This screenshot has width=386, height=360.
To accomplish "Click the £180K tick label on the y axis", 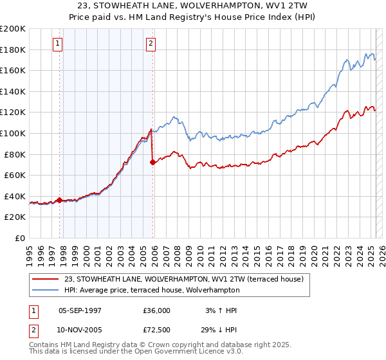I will (x=13, y=50).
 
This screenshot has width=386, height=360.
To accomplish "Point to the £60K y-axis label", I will (x=15, y=175).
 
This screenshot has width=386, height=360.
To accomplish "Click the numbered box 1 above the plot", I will (x=58, y=44).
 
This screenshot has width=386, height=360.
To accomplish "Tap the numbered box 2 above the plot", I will (x=151, y=44).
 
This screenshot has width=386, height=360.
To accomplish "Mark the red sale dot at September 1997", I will (x=60, y=200).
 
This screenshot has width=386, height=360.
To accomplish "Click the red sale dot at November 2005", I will (x=152, y=162).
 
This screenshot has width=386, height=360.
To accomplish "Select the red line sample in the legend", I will (x=46, y=278).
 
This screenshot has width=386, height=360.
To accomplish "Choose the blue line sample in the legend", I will (x=46, y=290).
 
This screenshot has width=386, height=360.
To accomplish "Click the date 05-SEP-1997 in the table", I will (x=80, y=310).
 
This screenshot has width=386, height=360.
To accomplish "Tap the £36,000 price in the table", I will (x=158, y=310).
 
